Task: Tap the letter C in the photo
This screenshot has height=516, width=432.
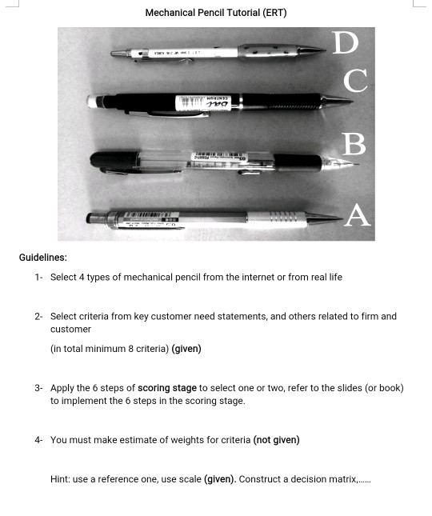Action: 355,80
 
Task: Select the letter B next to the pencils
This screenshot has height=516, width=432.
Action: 354,144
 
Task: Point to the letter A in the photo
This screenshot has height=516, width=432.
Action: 357,215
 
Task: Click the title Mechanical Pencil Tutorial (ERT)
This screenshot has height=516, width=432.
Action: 216,13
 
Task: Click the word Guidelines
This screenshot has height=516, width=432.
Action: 43,258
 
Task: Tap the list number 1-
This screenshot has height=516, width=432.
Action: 38,278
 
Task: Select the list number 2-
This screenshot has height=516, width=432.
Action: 38,317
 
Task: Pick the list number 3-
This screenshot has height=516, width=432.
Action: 38,388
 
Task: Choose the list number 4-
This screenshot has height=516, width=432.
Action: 38,440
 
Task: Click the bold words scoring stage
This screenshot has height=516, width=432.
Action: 166,388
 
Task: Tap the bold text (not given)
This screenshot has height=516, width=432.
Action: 276,440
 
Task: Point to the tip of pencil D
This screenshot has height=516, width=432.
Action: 326,49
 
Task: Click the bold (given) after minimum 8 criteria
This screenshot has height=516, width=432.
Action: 186,349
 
